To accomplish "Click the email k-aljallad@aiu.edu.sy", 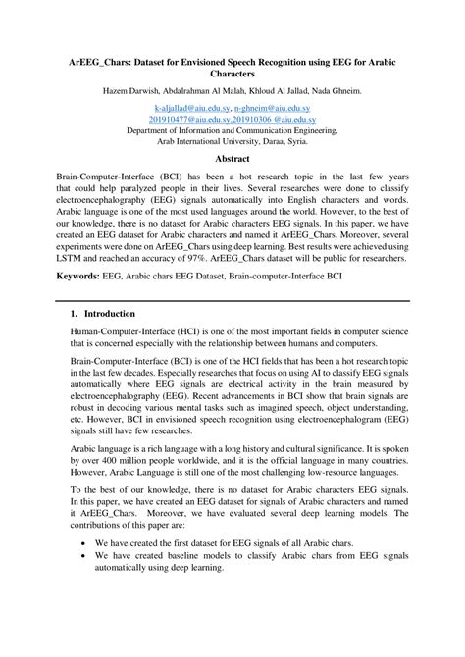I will coord(195,110).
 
